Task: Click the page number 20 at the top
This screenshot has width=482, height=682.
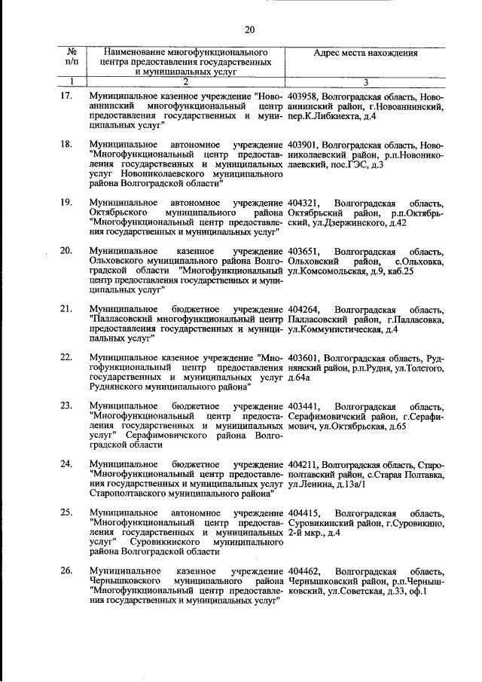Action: click(250, 29)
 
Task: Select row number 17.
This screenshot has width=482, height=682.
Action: click(66, 97)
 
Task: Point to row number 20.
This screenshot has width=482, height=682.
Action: click(66, 249)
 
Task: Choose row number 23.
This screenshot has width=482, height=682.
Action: click(66, 406)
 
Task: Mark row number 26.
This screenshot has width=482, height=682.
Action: click(66, 570)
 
